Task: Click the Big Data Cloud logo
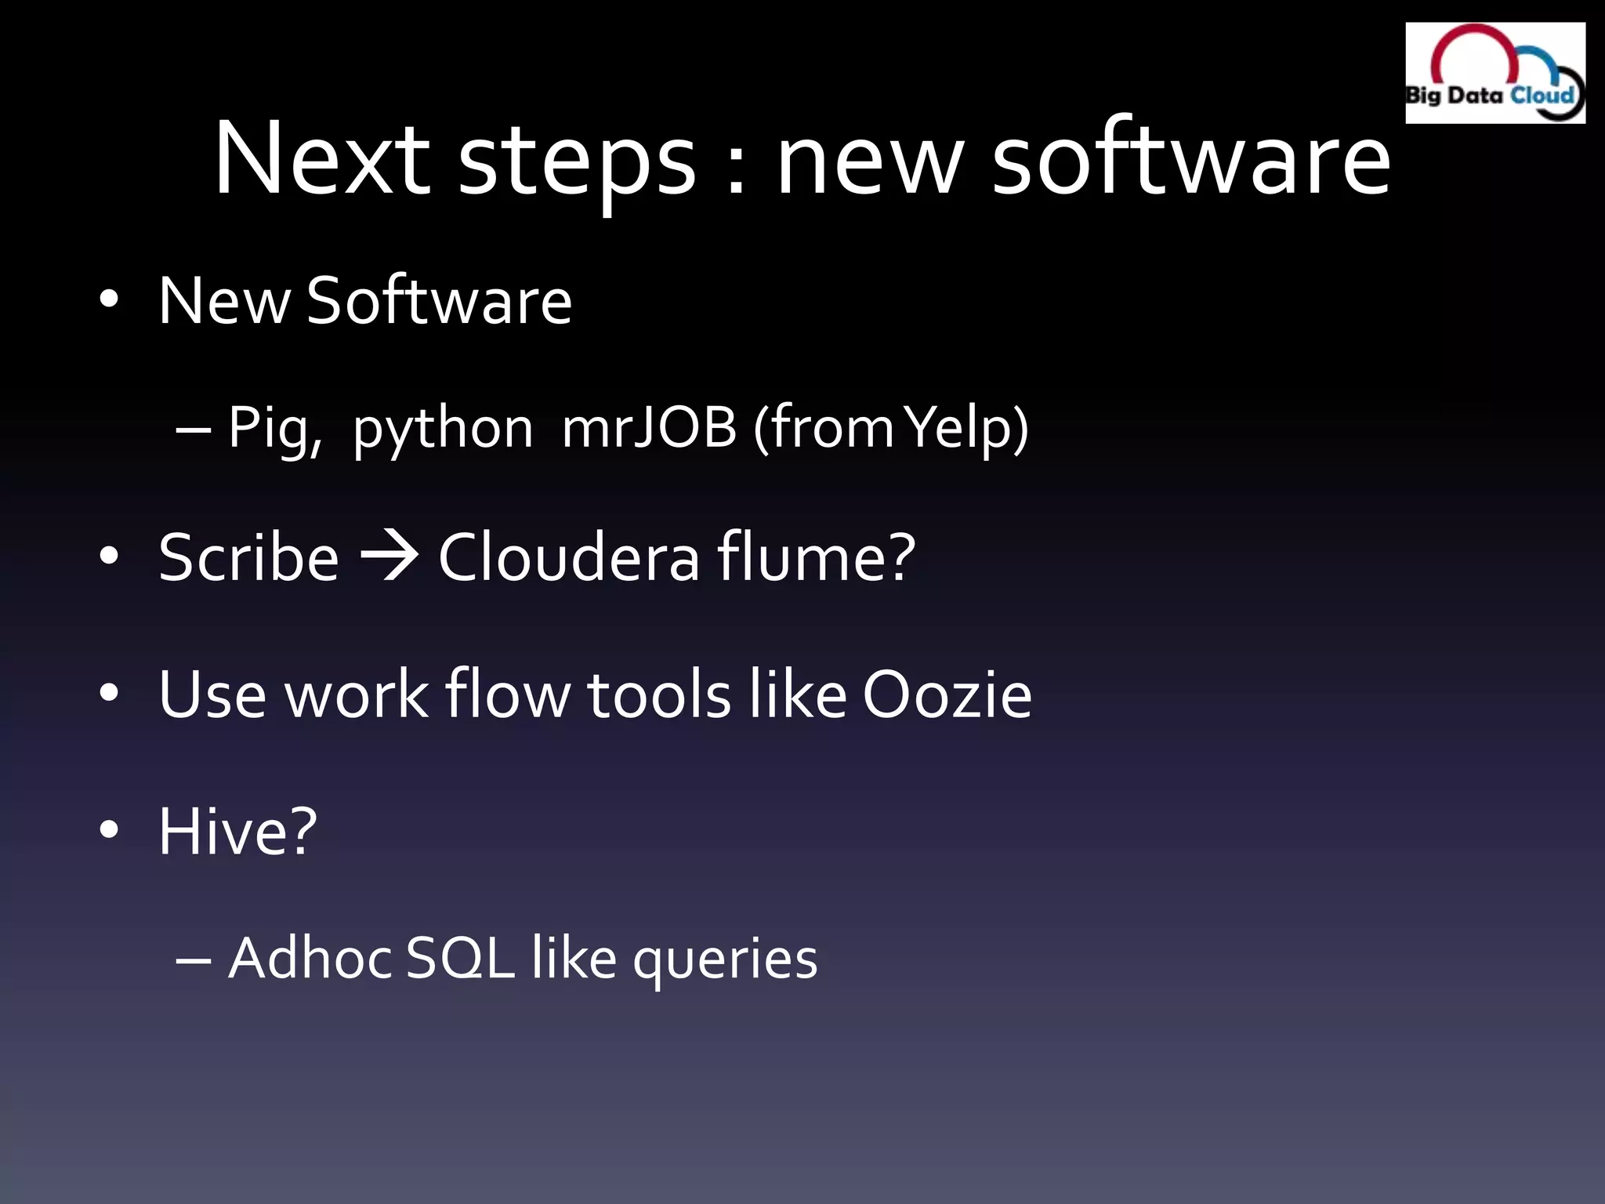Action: (x=1494, y=73)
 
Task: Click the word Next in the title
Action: (x=321, y=158)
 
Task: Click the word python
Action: (x=443, y=430)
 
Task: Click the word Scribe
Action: (x=248, y=557)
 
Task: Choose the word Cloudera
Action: (x=568, y=557)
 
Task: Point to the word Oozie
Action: (x=947, y=694)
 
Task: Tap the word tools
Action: (x=658, y=694)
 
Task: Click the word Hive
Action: (x=228, y=831)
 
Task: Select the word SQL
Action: (x=461, y=958)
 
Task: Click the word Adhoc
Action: (x=310, y=958)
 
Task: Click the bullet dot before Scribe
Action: (x=109, y=557)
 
